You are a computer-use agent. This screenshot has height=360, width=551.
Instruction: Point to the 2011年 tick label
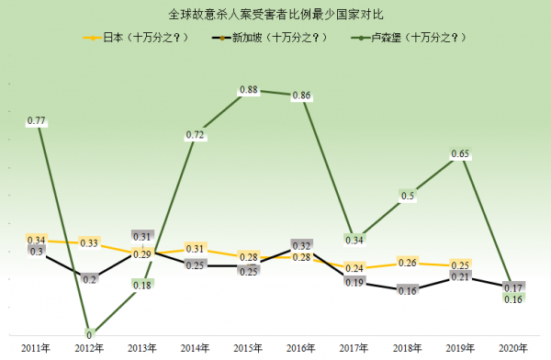37,346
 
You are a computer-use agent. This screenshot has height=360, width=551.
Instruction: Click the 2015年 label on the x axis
248,346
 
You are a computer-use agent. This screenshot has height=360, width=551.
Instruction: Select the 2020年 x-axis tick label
512,346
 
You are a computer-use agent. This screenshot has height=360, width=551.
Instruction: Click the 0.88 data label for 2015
248,90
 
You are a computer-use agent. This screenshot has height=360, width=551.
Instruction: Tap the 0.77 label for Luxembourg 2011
37,120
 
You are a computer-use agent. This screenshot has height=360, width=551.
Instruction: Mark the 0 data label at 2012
89,334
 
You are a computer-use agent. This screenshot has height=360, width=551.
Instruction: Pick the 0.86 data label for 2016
301,96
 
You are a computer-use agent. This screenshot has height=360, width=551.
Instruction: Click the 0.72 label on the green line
195,135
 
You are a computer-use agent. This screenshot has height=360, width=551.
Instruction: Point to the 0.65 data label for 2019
460,153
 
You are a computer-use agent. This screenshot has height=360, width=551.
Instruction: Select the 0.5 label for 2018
407,195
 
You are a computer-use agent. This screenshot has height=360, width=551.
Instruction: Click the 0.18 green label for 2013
142,285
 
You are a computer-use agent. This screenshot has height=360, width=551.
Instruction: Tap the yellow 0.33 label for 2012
89,243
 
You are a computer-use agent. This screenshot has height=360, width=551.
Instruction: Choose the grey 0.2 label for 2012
89,278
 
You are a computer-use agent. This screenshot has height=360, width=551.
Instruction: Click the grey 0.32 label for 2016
301,246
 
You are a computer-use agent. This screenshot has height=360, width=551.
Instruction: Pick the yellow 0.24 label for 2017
354,268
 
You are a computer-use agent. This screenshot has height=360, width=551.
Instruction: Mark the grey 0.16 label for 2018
407,290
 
